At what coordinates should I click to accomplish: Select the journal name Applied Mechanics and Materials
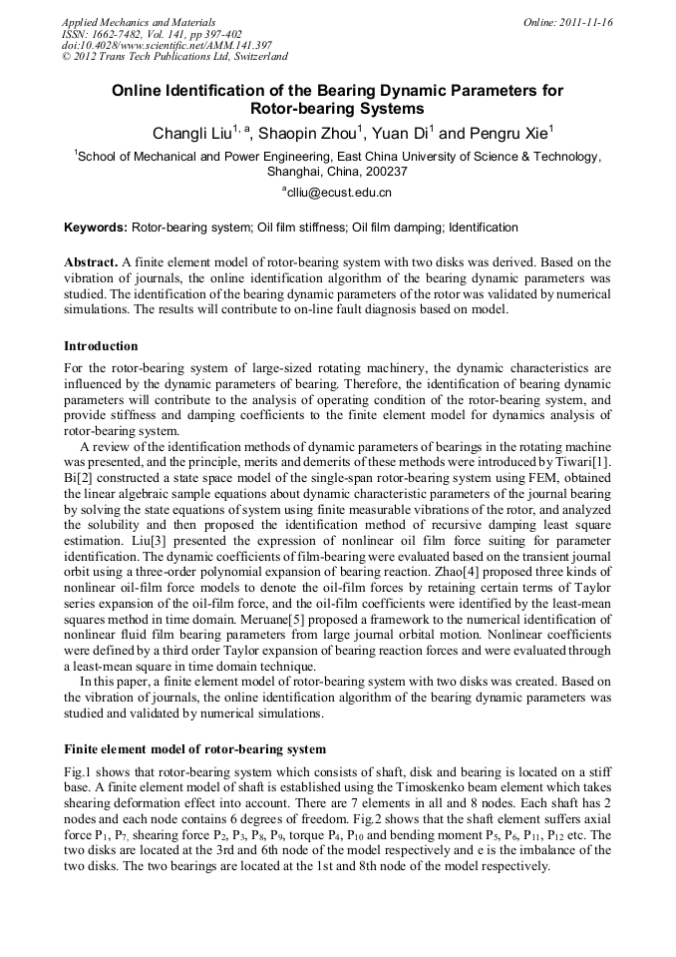(x=138, y=22)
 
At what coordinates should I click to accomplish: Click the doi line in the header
(x=167, y=46)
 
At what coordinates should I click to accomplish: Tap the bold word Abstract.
(x=91, y=261)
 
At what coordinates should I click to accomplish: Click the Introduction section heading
(x=101, y=346)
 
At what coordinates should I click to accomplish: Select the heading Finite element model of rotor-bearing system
(x=194, y=748)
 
